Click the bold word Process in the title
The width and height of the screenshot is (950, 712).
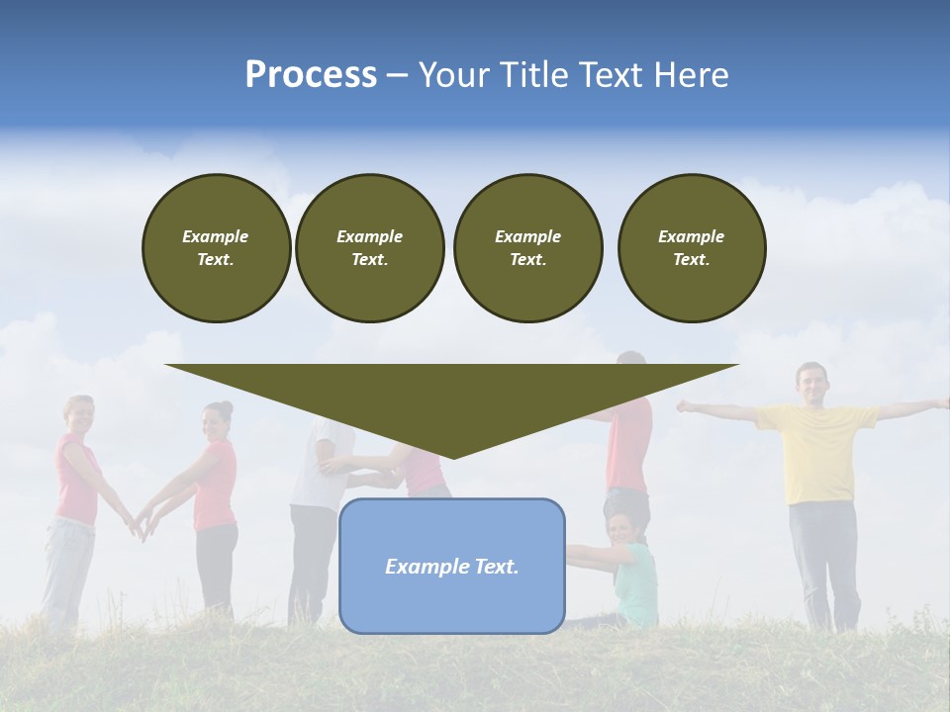click(311, 75)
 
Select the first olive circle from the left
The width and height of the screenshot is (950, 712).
click(216, 248)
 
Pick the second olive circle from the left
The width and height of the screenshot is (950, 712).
click(369, 248)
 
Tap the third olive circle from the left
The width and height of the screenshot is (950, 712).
click(527, 248)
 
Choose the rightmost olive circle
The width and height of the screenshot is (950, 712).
click(691, 248)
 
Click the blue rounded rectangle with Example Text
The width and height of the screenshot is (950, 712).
click(451, 566)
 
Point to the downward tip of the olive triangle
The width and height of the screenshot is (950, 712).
click(453, 456)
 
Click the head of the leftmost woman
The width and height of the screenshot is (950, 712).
click(78, 414)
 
